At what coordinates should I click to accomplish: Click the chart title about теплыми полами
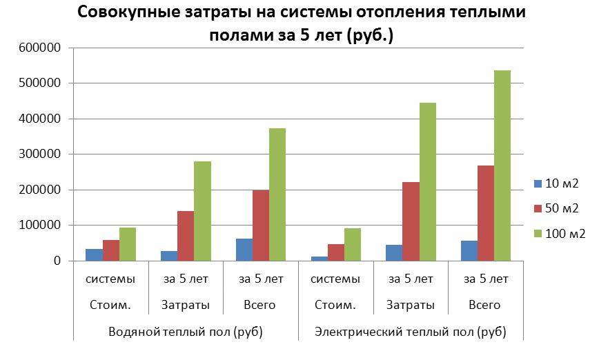click(x=302, y=23)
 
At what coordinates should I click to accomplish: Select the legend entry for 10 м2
click(x=561, y=183)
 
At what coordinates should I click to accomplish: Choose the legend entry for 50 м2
click(x=561, y=208)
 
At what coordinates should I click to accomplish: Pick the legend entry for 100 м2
click(x=564, y=234)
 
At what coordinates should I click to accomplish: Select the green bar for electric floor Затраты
click(x=427, y=182)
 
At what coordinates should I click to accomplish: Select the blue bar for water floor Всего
click(x=244, y=250)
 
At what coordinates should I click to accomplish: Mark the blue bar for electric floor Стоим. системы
click(x=320, y=259)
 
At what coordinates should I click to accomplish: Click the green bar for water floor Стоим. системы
click(x=128, y=244)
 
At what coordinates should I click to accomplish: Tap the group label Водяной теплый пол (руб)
click(x=186, y=332)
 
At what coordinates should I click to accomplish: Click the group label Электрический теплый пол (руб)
click(x=410, y=332)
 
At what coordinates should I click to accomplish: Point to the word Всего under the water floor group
click(x=261, y=305)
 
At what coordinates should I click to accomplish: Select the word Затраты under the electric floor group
click(x=411, y=305)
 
